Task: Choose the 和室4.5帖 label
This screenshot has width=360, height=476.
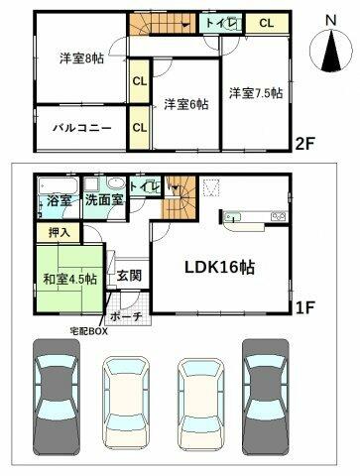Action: pyautogui.click(x=69, y=279)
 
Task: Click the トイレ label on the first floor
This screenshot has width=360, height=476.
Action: pyautogui.click(x=142, y=185)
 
